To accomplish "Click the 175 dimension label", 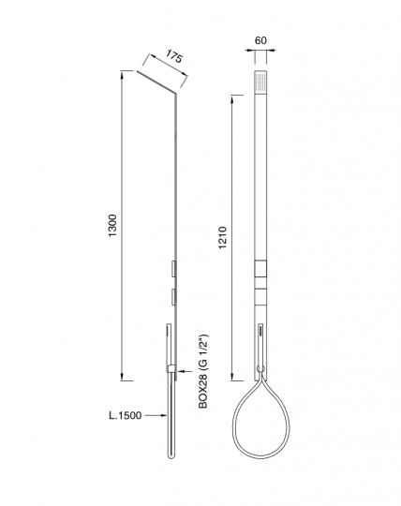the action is tap(174, 57).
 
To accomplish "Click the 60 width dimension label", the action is tap(260, 40).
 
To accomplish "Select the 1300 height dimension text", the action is tap(112, 225).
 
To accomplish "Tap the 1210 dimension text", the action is tap(223, 238).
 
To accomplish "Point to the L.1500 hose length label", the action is tap(126, 415).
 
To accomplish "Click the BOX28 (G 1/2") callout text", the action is tap(203, 371).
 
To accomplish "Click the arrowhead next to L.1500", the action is tap(163, 416).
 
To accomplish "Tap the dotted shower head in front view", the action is tap(260, 81).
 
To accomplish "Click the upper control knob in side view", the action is tap(173, 269).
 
